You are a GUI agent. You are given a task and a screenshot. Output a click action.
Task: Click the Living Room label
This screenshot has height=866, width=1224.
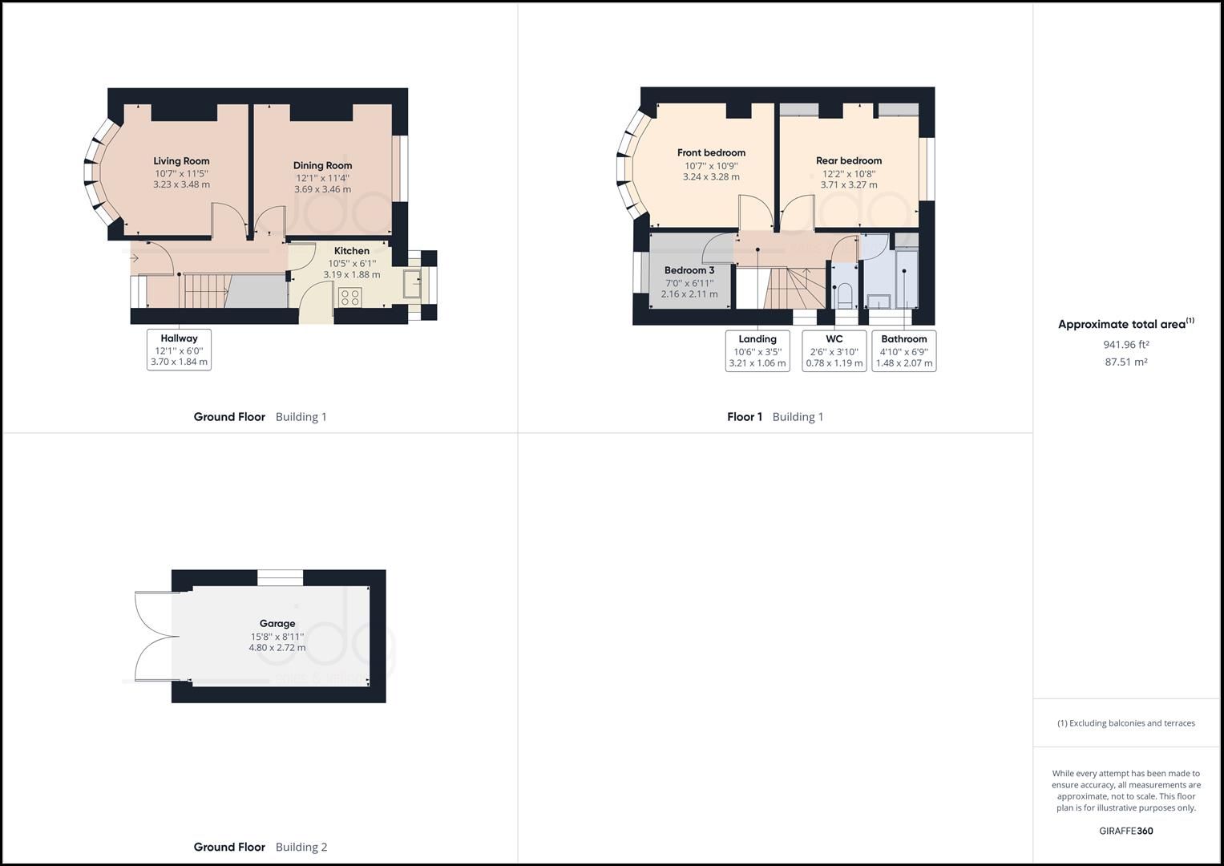[181, 161]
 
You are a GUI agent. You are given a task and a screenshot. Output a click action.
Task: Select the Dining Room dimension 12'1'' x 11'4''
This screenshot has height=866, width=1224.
[322, 178]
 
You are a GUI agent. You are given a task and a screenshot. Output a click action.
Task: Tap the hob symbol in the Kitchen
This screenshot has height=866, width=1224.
[350, 297]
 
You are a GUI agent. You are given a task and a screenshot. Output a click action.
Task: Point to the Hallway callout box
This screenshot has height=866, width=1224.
[179, 350]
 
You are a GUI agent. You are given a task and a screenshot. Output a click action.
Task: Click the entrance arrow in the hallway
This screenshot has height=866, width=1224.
[134, 258]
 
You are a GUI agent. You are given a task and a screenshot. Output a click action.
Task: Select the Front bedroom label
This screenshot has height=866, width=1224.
[711, 152]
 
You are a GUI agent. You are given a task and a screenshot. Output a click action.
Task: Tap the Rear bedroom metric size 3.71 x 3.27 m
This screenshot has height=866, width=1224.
[848, 184]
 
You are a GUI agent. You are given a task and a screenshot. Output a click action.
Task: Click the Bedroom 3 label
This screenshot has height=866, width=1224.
[689, 270]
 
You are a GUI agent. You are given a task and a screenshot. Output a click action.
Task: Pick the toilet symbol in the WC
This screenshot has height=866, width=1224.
[843, 295]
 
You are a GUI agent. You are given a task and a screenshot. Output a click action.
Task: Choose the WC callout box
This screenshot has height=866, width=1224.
[834, 351]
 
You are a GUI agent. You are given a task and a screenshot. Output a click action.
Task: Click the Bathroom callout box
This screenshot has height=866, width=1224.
[903, 351]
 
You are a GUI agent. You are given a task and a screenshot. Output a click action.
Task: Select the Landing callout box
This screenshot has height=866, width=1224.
[757, 351]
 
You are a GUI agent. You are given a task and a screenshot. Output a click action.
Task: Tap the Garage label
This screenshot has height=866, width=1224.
[277, 623]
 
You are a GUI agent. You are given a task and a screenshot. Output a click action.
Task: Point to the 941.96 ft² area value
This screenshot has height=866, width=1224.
[1125, 345]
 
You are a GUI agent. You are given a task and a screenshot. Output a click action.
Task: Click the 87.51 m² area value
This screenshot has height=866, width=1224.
[1125, 362]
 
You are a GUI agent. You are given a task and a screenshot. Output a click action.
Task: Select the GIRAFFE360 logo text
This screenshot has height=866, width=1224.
[1125, 831]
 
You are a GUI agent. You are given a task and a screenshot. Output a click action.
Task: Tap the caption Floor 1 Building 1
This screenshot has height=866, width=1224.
[774, 417]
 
